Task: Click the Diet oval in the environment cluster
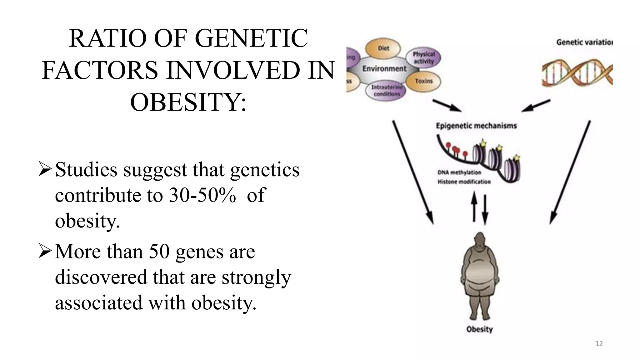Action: point(383,48)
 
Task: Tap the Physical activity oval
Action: point(423,58)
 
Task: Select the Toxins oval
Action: point(424,81)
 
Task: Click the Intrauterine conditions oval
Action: point(386,90)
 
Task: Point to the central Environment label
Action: point(384,69)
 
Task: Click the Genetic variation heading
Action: point(584,42)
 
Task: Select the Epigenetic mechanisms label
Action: point(476,126)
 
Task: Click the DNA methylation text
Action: point(459,172)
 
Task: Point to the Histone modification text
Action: point(464,182)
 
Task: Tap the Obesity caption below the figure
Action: point(479,329)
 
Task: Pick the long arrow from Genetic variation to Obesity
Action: point(570,172)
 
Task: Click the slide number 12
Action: point(599,344)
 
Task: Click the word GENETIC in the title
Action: point(251,38)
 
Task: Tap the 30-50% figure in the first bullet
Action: point(202,195)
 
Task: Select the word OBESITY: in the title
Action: point(188,102)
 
